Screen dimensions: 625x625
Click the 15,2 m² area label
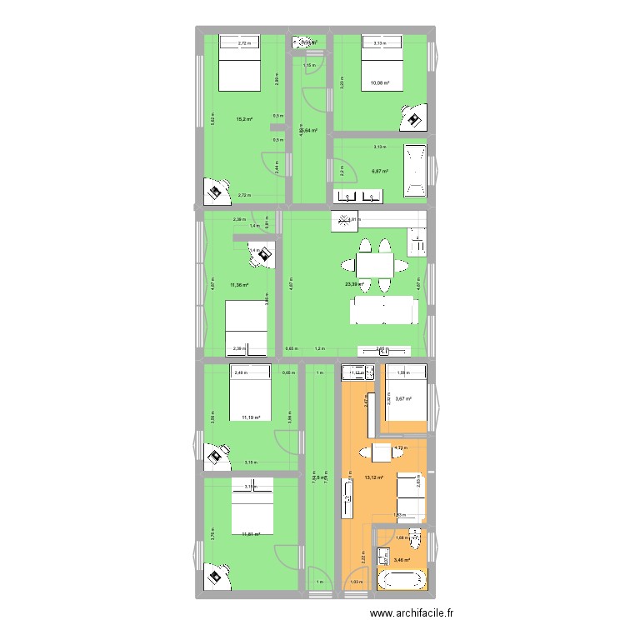pyautogui.click(x=244, y=118)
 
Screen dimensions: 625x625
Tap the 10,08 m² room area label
pyautogui.click(x=381, y=83)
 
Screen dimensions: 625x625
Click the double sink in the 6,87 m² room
pyautogui.click(x=359, y=196)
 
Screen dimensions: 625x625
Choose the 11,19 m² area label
pyautogui.click(x=251, y=417)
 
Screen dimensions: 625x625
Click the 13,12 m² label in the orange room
pyautogui.click(x=373, y=477)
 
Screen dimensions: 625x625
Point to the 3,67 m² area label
pyautogui.click(x=404, y=398)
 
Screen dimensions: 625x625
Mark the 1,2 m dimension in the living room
pyautogui.click(x=319, y=349)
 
